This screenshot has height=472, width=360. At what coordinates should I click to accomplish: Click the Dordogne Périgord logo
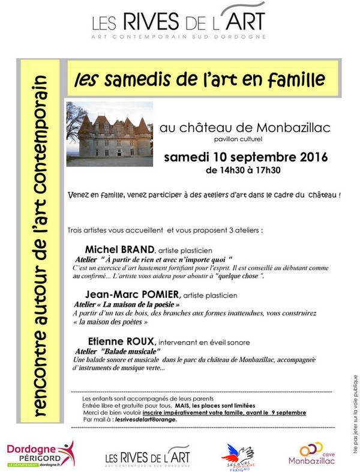point(40,454)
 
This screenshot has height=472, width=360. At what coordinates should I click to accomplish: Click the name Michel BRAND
point(120,249)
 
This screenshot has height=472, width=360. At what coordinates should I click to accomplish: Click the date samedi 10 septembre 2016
point(246,158)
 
